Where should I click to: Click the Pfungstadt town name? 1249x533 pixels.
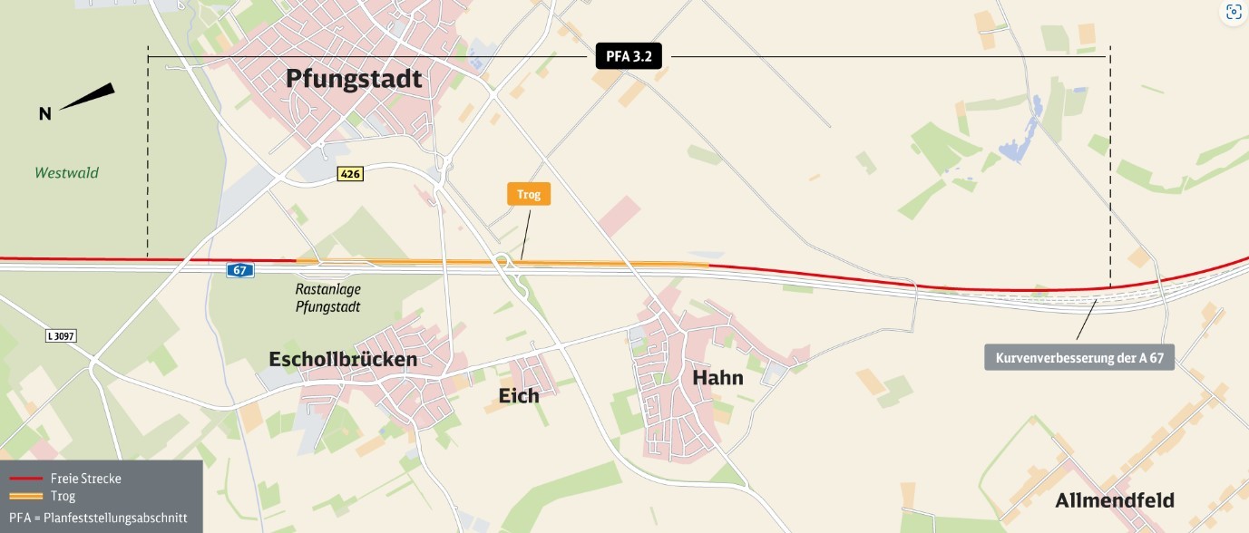pyautogui.click(x=354, y=79)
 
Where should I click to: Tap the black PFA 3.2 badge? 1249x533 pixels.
pyautogui.click(x=629, y=56)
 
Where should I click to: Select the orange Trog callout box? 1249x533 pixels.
pyautogui.click(x=528, y=193)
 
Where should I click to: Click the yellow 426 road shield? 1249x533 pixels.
pyautogui.click(x=349, y=173)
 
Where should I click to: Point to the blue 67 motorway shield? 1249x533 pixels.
pyautogui.click(x=240, y=270)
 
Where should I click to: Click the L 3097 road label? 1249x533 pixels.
pyautogui.click(x=61, y=335)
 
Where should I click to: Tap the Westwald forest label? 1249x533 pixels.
pyautogui.click(x=66, y=172)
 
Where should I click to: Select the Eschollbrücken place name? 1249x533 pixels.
pyautogui.click(x=343, y=360)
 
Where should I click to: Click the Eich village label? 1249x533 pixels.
pyautogui.click(x=519, y=395)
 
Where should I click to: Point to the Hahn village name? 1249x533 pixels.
pyautogui.click(x=717, y=377)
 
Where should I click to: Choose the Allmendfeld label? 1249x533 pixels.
pyautogui.click(x=1114, y=500)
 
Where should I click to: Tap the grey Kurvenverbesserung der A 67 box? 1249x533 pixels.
pyautogui.click(x=1079, y=358)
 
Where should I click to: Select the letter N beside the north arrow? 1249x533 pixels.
pyautogui.click(x=44, y=114)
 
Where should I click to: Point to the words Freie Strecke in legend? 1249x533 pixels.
pyautogui.click(x=86, y=479)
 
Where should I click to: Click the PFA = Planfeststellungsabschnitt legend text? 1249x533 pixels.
pyautogui.click(x=98, y=518)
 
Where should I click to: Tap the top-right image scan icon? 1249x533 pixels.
pyautogui.click(x=1233, y=12)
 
